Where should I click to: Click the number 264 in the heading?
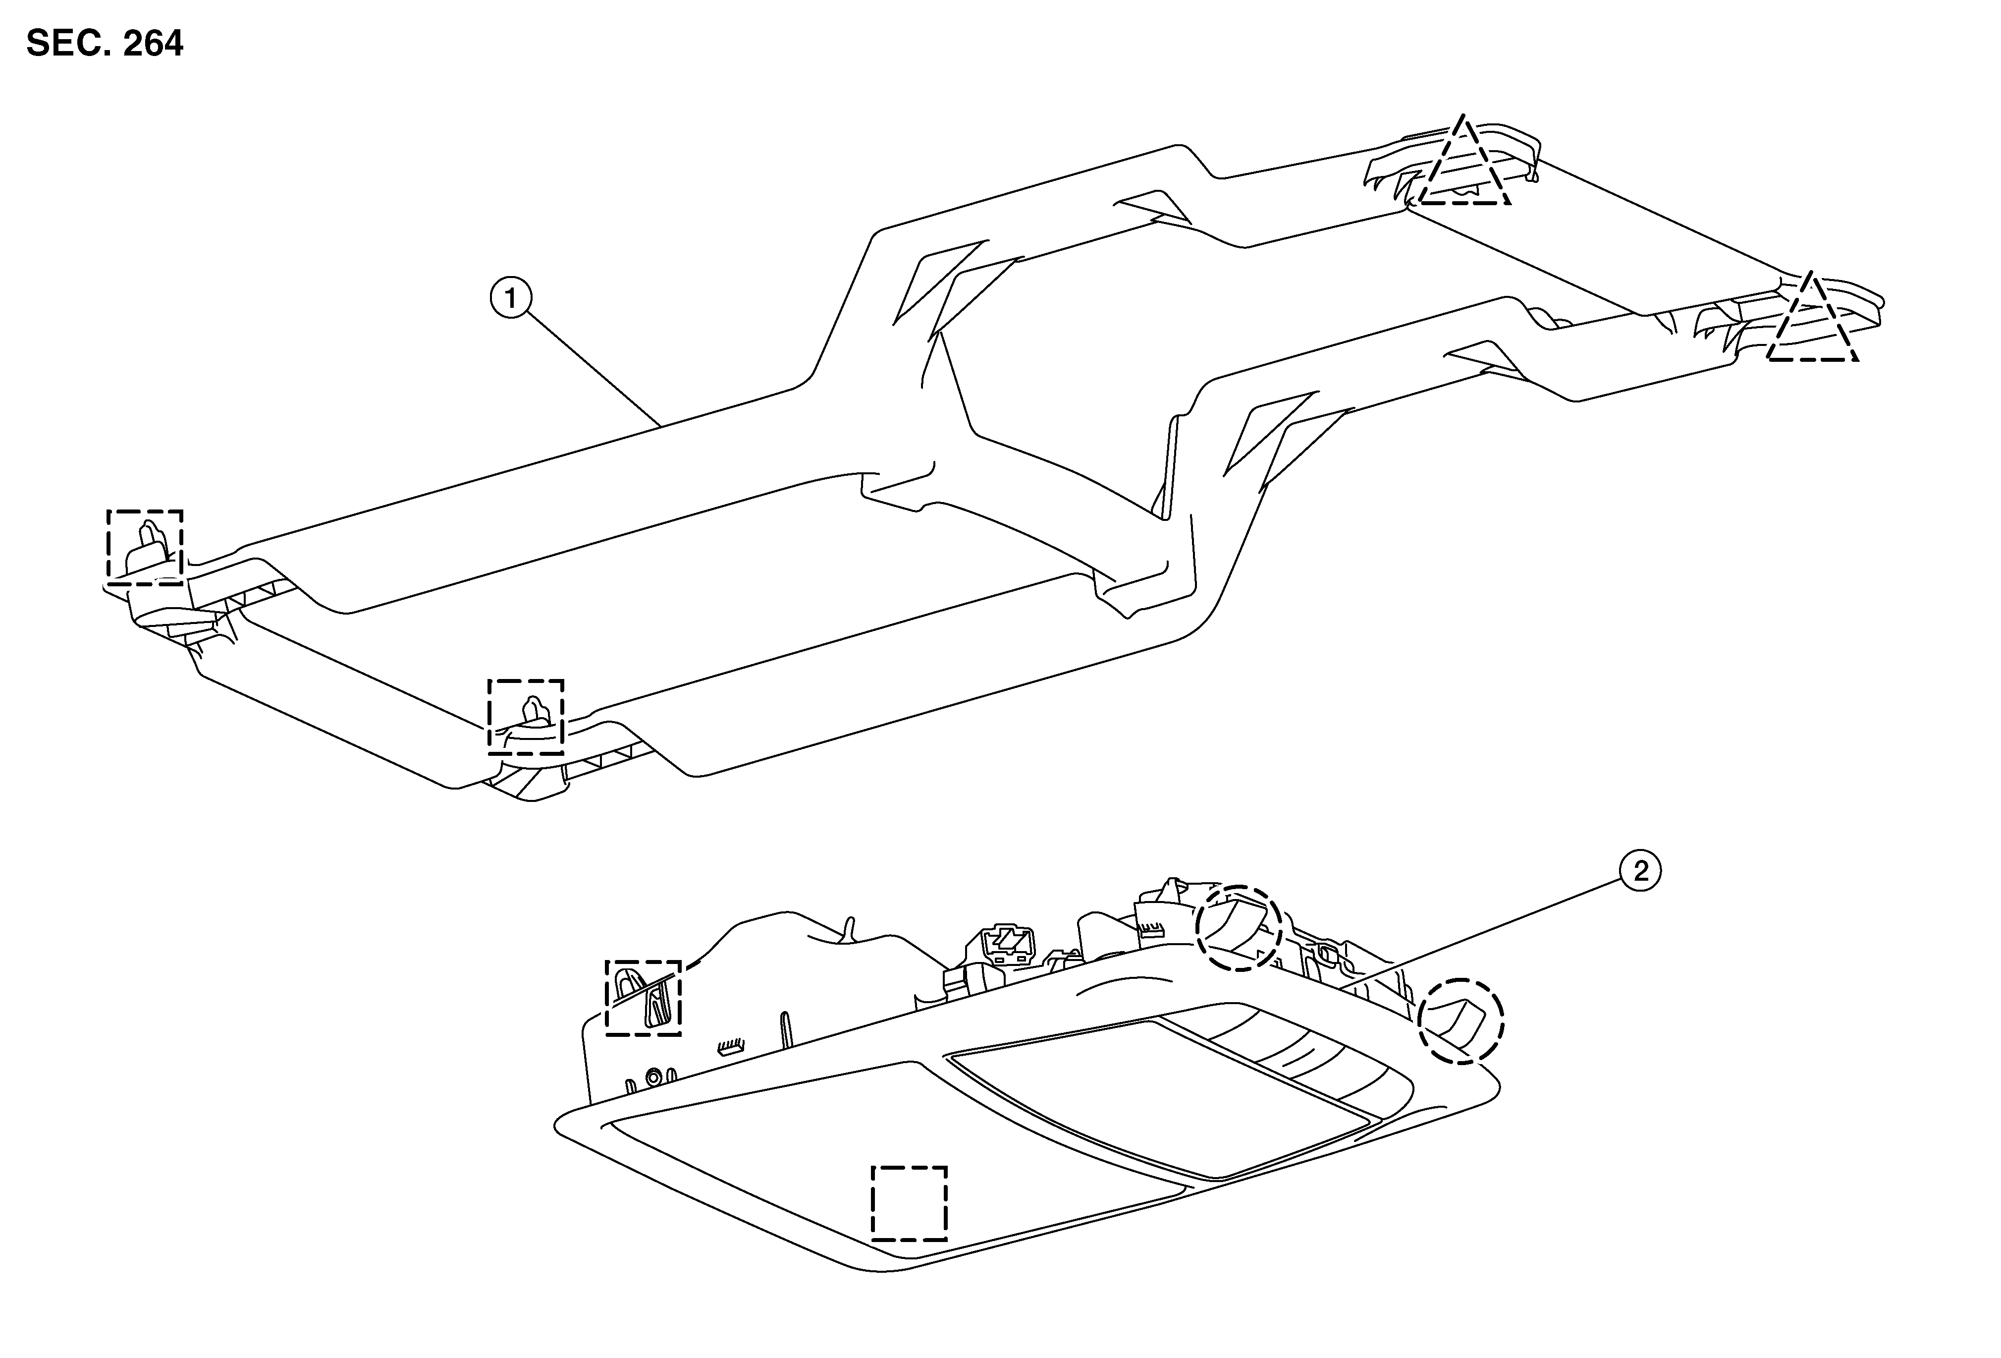point(153,43)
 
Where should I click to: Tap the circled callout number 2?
point(1641,871)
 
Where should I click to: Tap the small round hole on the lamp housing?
point(656,1075)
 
